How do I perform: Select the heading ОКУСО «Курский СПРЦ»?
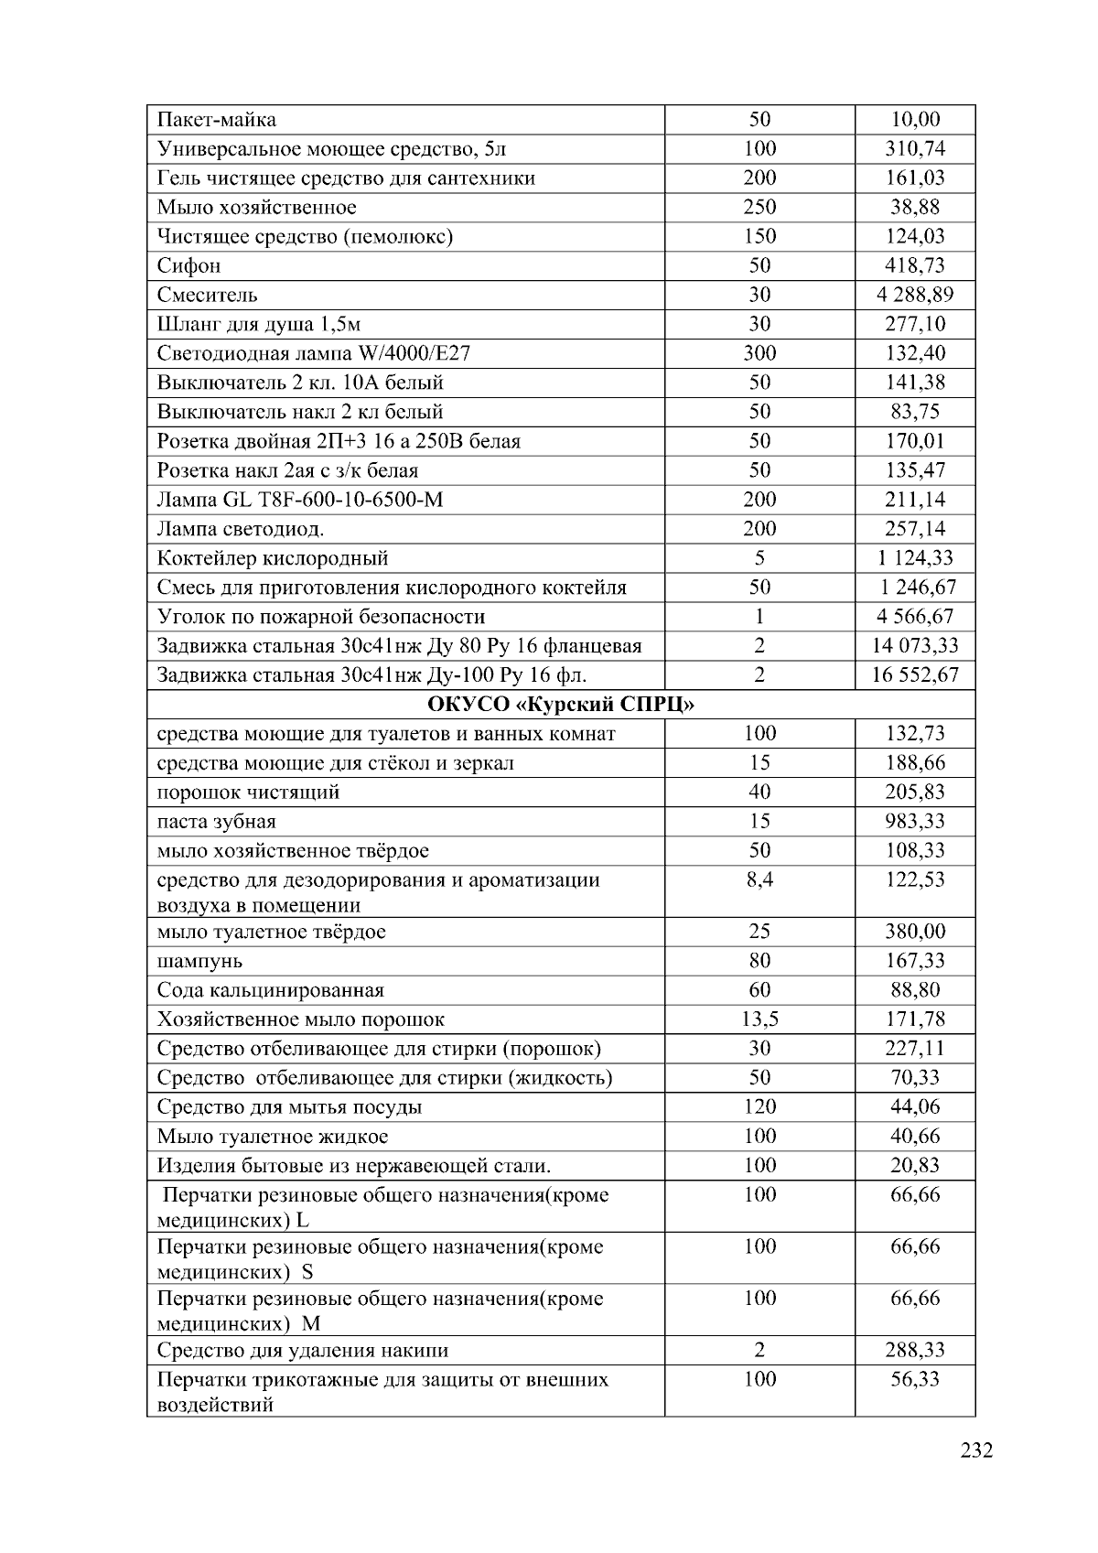(561, 705)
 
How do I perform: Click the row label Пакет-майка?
(217, 120)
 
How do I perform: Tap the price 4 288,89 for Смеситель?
(914, 295)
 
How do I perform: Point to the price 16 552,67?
(914, 675)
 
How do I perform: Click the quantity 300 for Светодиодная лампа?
(759, 353)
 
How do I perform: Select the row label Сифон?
(189, 266)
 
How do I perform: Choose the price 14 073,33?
(914, 646)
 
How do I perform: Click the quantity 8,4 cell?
(759, 880)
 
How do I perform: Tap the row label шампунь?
(199, 961)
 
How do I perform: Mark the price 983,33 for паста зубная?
(914, 822)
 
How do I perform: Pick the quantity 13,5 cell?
(759, 1019)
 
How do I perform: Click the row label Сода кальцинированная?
(271, 990)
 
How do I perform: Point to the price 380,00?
(914, 932)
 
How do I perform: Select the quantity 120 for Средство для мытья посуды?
(759, 1107)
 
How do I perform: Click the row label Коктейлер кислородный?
(273, 558)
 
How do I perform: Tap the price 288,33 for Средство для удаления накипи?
(914, 1350)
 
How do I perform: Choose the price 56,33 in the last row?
(914, 1379)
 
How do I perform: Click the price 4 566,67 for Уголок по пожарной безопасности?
(914, 617)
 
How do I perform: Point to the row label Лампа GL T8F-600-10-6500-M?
(300, 500)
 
